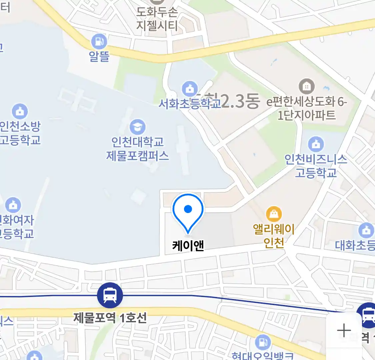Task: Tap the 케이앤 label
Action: coord(188,246)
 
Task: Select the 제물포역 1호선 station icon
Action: coord(110,295)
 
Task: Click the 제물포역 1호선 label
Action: coord(110,318)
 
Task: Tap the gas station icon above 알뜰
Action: coord(99,42)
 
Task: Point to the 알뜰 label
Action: coord(99,56)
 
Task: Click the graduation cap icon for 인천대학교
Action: coord(137,127)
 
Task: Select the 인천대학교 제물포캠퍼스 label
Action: coord(137,149)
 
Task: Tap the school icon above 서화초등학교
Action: coord(190,89)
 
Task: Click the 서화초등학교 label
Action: coord(189,104)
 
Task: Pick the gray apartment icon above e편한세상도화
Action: coord(306,87)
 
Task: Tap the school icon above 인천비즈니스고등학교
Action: coord(316,144)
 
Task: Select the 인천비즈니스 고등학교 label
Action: coord(316,166)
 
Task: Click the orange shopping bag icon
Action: coord(274,214)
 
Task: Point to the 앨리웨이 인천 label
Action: coord(274,236)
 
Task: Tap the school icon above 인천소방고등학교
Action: coord(20,111)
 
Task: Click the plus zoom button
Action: coord(344,331)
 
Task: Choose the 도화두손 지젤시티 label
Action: coord(157,19)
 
